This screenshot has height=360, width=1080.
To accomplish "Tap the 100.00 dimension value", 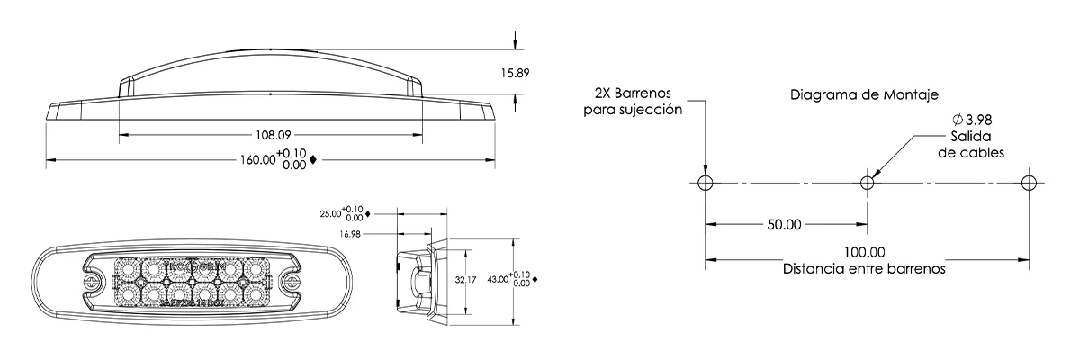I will (865, 253).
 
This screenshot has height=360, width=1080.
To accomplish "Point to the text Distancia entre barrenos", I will (864, 268).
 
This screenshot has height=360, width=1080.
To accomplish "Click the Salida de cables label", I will (971, 144).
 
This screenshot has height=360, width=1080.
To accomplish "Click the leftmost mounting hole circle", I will (706, 183).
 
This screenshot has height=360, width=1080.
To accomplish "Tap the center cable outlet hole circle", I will (868, 183).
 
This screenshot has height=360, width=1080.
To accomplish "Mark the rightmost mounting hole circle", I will (1030, 183).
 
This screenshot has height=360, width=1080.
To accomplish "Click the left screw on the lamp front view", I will (92, 281).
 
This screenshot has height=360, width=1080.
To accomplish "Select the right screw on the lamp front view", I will (291, 281).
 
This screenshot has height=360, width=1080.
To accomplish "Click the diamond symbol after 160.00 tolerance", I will (312, 160).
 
